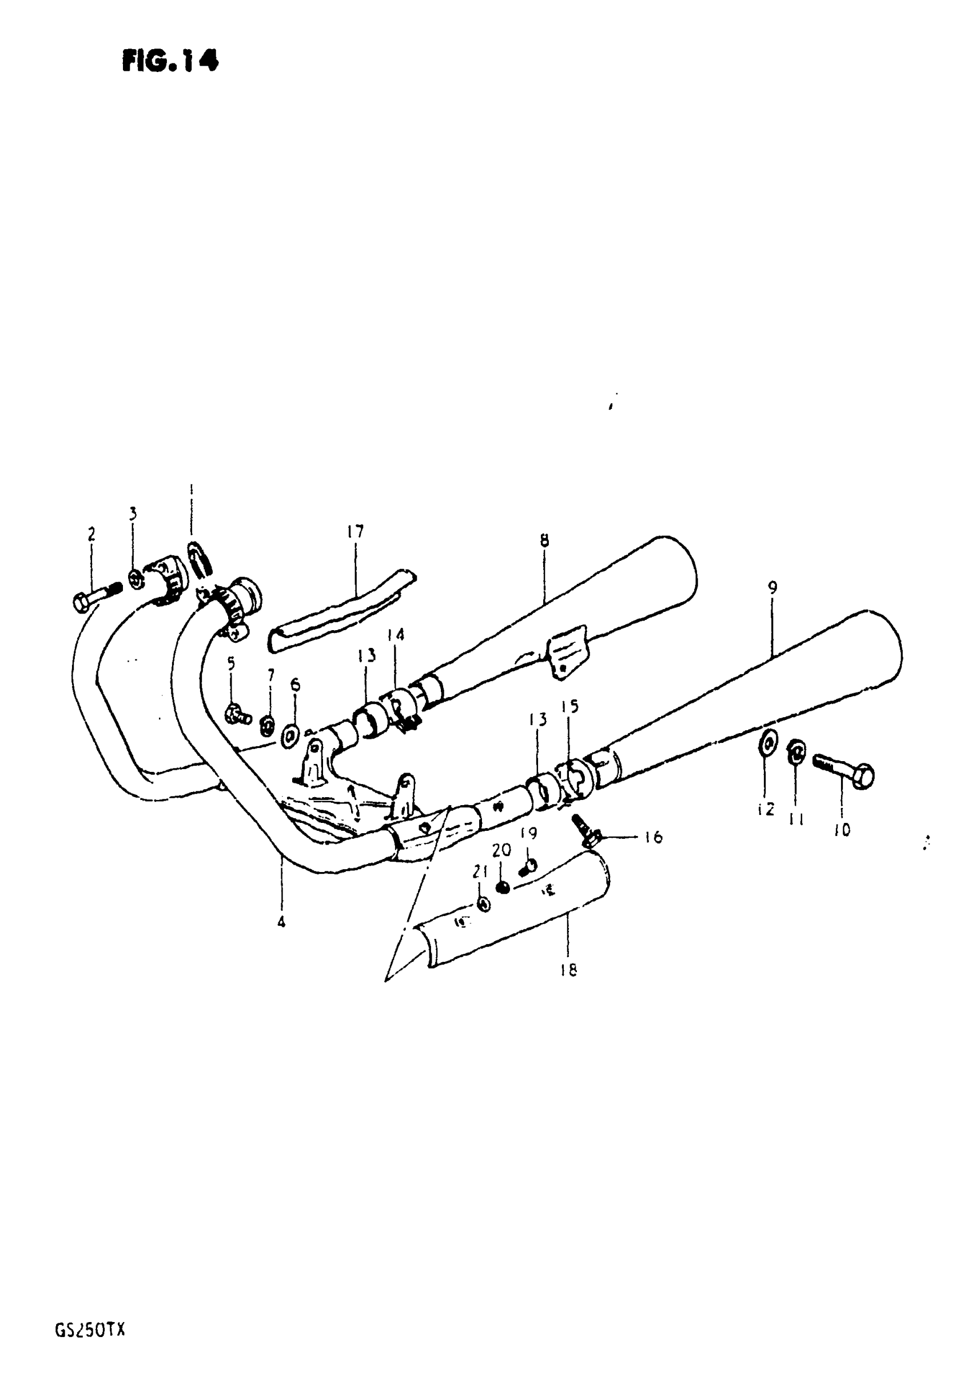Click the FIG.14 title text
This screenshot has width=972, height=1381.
170,61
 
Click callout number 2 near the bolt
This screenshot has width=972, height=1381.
91,534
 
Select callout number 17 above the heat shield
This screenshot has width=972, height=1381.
356,532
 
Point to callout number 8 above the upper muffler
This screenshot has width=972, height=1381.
544,541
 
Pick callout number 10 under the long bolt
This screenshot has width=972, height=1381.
842,831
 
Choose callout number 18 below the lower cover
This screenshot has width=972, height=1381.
568,970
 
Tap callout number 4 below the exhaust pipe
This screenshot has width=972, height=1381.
281,921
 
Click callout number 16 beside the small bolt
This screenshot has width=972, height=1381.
653,837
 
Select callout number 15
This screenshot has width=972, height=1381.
569,706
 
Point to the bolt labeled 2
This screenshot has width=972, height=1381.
96,594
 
